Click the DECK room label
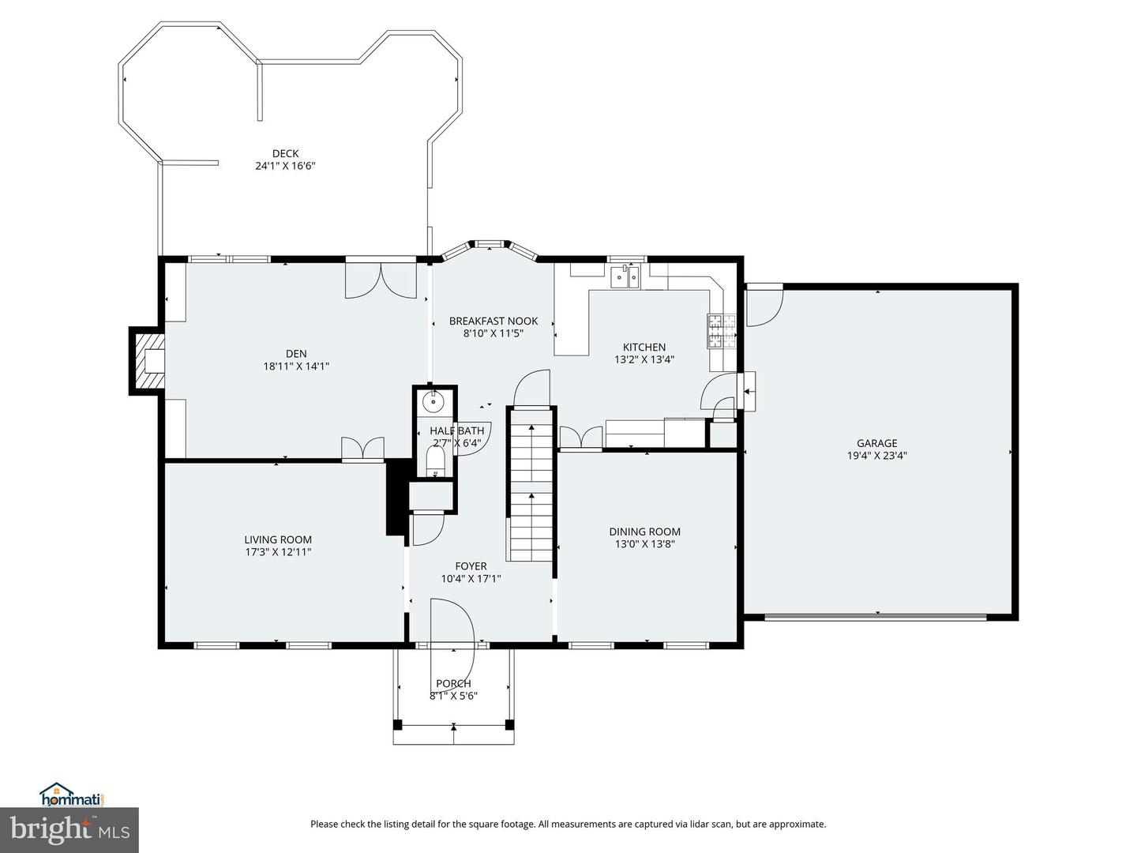coord(285,153)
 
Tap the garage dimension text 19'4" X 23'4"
coord(876,456)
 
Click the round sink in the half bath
coord(433,403)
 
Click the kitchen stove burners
coord(721,332)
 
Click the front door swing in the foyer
coord(451,623)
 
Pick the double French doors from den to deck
coord(381,280)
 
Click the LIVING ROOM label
coord(277,539)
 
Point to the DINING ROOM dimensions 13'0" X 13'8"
coord(644,544)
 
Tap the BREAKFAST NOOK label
coord(493,321)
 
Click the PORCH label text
coord(453,683)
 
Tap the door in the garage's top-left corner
coord(763,306)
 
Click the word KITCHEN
coord(644,347)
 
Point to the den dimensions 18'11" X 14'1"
coord(296,366)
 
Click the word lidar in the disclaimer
coord(681,824)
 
